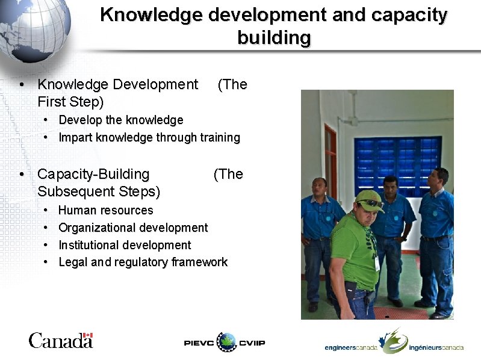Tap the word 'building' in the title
click(274, 38)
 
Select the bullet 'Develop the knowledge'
click(120, 120)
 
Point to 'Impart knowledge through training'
click(149, 138)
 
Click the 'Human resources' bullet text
click(105, 211)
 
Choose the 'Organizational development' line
click(132, 228)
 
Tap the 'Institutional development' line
click(124, 246)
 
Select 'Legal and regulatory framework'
click(143, 262)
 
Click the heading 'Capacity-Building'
click(93, 175)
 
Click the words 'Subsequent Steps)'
click(98, 192)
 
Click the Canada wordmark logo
click(60, 341)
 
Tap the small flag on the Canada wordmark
click(87, 335)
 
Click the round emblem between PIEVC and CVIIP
click(227, 342)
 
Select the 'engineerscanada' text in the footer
click(351, 348)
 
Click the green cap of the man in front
click(368, 199)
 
